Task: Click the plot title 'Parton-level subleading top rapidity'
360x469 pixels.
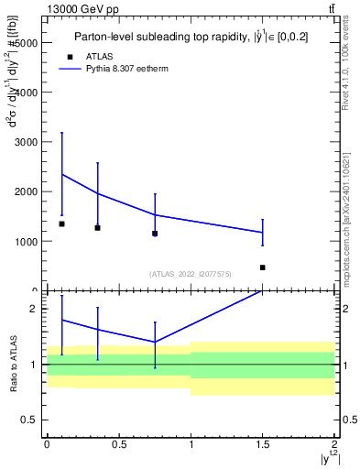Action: (x=189, y=38)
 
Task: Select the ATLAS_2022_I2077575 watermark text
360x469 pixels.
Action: (x=191, y=274)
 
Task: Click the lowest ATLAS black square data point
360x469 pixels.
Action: (x=263, y=267)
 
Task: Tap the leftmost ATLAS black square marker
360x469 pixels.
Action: (x=61, y=224)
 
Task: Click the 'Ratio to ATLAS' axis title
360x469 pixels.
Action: (x=13, y=364)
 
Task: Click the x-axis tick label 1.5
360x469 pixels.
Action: (x=263, y=444)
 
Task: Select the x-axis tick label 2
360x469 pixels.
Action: (x=335, y=444)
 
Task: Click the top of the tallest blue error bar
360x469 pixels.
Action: (x=61, y=133)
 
